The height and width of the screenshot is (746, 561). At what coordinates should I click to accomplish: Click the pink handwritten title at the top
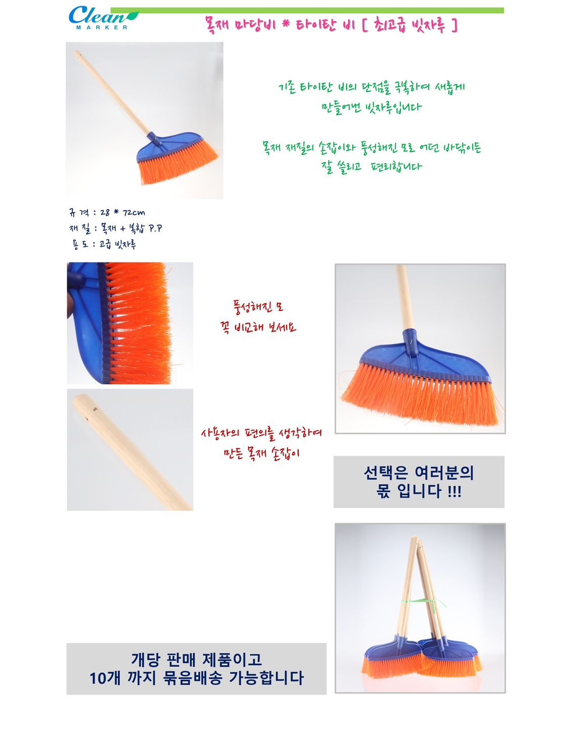332,25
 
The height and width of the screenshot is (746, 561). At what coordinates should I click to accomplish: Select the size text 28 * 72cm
122,213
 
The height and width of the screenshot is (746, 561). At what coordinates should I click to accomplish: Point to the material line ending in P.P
115,229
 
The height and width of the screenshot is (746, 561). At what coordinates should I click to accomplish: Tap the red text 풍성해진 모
258,307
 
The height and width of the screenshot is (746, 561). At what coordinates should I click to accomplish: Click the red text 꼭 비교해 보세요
258,327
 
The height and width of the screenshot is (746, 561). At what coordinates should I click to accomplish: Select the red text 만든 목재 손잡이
261,453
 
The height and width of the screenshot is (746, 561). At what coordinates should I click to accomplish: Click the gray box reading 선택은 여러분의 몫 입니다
419,482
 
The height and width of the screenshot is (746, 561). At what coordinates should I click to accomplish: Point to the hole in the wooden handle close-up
96,409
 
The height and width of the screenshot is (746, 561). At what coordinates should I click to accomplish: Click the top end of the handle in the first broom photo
77,53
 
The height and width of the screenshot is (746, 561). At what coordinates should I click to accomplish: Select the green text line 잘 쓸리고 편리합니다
371,167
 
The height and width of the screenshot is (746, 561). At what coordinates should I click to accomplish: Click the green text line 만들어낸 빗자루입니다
371,108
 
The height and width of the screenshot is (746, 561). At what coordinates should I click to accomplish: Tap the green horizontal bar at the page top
307,11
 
